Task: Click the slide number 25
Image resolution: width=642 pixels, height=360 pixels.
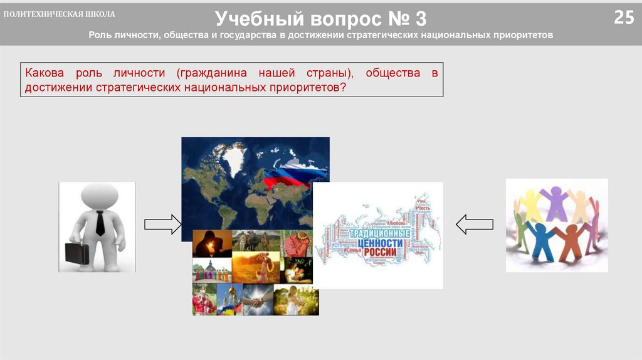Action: click(623, 18)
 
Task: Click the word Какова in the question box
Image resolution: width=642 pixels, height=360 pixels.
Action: click(44, 73)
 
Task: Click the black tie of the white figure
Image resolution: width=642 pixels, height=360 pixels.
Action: click(100, 222)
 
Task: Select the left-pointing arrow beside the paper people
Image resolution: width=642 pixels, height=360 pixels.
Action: click(475, 224)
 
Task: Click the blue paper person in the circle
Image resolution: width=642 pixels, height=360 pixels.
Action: click(540, 239)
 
